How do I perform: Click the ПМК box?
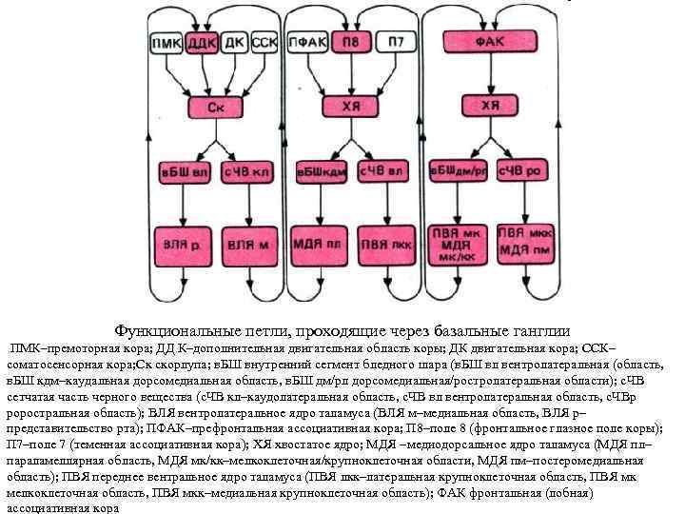[x=167, y=42]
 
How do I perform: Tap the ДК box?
[x=234, y=42]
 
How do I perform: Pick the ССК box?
[x=265, y=42]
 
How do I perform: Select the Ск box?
[x=218, y=107]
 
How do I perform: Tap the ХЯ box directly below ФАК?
[x=489, y=106]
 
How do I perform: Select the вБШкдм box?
[x=320, y=173]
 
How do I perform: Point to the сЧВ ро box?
[x=518, y=172]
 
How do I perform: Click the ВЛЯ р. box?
[x=187, y=245]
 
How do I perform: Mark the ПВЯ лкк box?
[x=381, y=245]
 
